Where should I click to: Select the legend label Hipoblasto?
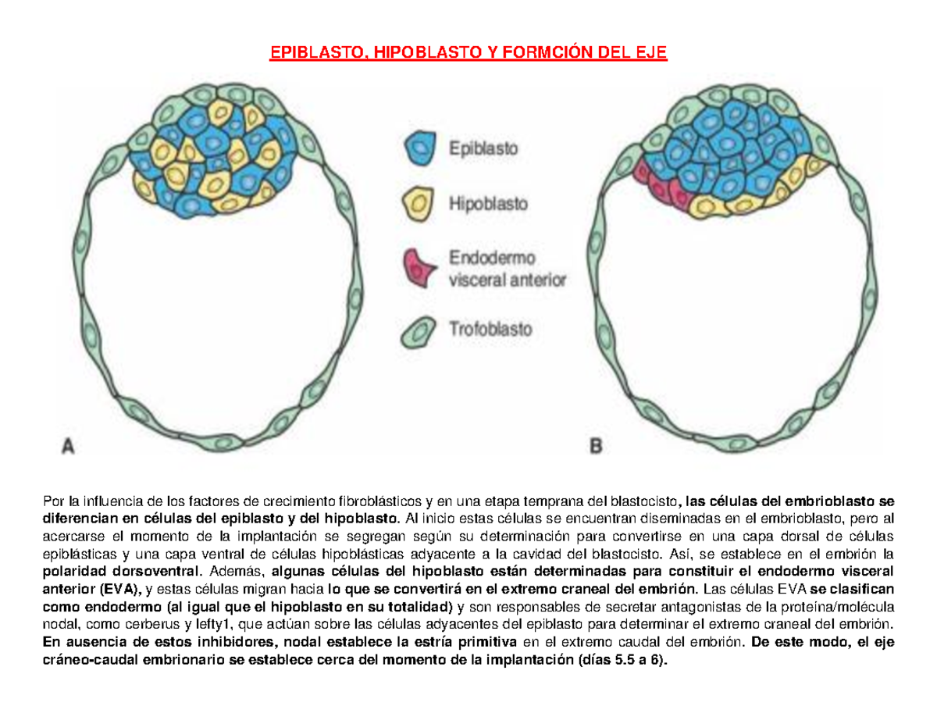pos(487,205)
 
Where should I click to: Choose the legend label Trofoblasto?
pos(490,330)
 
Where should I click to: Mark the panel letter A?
pos(68,448)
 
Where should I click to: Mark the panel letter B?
pos(596,448)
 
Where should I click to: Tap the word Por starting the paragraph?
pos(55,500)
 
